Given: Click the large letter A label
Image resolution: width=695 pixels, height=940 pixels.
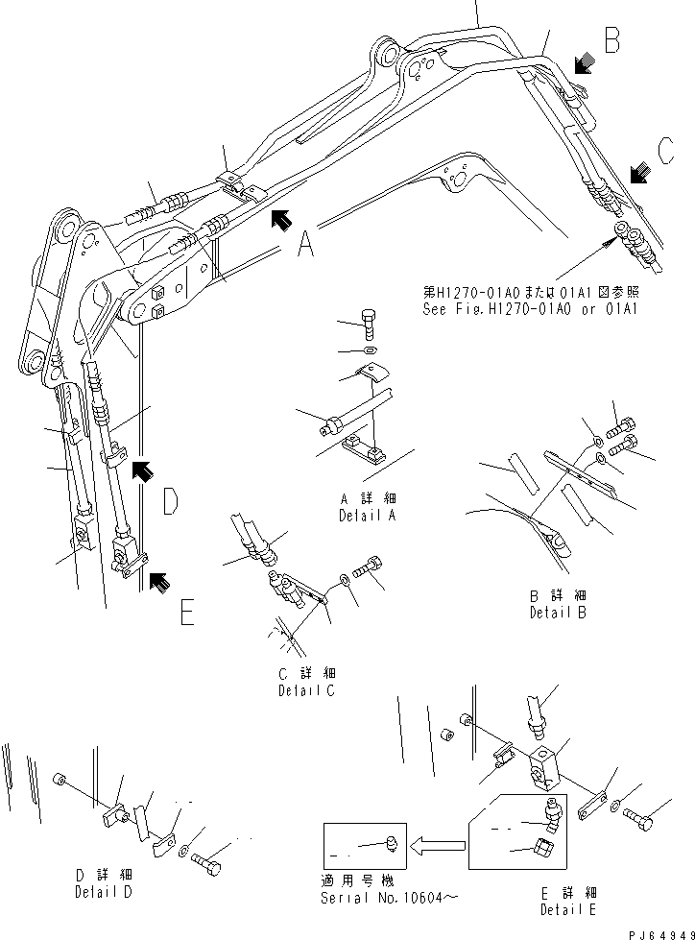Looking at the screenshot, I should click(x=304, y=248).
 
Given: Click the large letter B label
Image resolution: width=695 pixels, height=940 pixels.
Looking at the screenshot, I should click(x=611, y=41).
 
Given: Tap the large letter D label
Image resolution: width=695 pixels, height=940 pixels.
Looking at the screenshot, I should click(x=169, y=500).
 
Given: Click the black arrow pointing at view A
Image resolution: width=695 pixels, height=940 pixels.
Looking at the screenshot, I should click(x=279, y=220).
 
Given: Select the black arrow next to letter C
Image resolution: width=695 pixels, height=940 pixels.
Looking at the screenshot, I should click(x=638, y=173).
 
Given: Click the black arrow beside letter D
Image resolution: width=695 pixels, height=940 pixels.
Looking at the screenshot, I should click(x=141, y=469).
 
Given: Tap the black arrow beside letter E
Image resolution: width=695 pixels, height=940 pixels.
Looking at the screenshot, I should click(x=160, y=580).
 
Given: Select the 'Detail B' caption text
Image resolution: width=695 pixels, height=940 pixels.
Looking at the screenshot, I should click(x=558, y=604).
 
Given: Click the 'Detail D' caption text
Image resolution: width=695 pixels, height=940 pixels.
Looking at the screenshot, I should click(x=105, y=883).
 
